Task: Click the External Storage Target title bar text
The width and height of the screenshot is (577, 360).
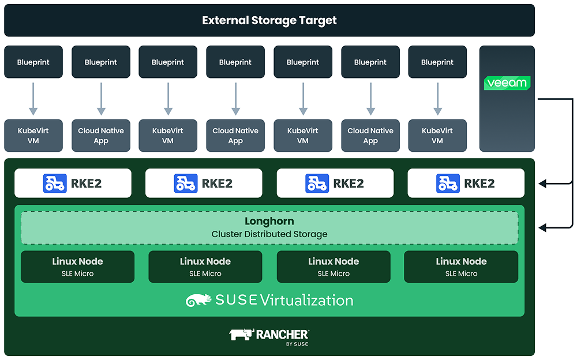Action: coord(269,20)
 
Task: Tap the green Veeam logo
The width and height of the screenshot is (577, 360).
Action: coord(507,83)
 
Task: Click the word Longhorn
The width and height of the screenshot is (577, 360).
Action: coord(269,222)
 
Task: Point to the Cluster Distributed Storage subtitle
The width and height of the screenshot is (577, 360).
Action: coord(269,234)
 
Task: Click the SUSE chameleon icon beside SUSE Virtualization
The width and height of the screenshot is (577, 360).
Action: coord(198,300)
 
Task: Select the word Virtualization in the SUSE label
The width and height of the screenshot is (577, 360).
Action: coord(306,300)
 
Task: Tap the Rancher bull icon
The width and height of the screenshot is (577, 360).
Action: coord(241,335)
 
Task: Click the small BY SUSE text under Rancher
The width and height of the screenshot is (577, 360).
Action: coord(297,344)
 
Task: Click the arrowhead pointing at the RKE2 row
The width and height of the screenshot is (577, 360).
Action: coord(542,183)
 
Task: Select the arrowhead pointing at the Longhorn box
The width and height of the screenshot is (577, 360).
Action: coord(542,228)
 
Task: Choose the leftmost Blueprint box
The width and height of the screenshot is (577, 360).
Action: coord(33,62)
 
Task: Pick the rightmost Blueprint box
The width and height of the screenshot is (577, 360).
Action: coord(437,62)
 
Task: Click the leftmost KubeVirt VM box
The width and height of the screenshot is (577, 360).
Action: coord(33,136)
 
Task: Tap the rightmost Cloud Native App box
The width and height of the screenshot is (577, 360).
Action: coord(370,136)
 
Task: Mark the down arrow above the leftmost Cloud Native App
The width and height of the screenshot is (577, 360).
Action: coord(101,99)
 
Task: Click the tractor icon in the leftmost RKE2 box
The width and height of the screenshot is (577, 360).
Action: coord(55,183)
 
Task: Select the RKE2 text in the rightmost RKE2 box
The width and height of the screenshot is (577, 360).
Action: coord(479,183)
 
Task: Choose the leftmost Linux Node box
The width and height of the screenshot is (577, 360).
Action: coord(77,267)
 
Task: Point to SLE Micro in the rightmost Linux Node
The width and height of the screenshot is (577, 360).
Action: coord(461,273)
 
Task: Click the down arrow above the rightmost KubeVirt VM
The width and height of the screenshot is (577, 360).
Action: coord(437,99)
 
